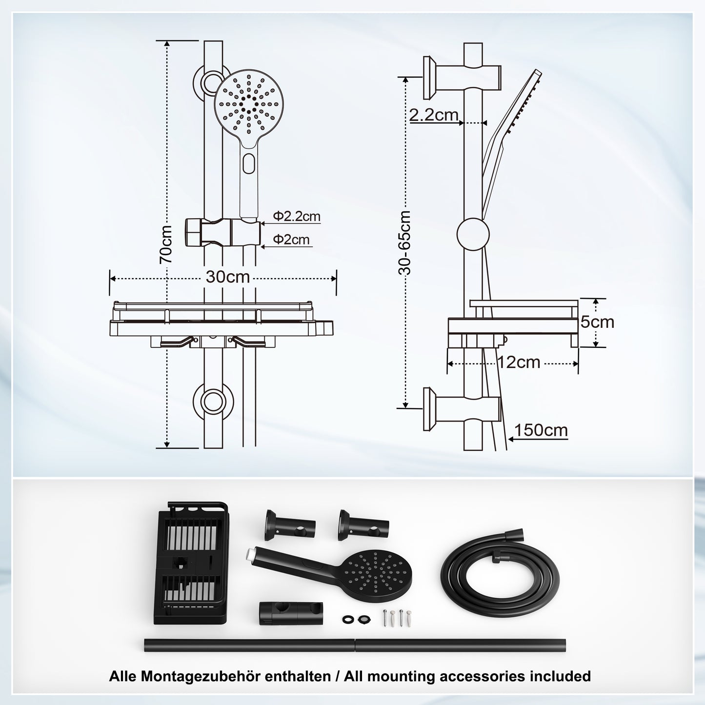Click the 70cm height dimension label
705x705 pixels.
tap(166, 244)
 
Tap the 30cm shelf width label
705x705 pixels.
tap(227, 277)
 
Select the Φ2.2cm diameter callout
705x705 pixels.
tap(297, 216)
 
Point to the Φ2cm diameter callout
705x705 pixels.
tap(291, 240)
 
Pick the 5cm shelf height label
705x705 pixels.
tap(597, 322)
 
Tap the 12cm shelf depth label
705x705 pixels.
tap(519, 362)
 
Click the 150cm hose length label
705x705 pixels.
tap(541, 430)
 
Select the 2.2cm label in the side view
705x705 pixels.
tap(434, 115)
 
